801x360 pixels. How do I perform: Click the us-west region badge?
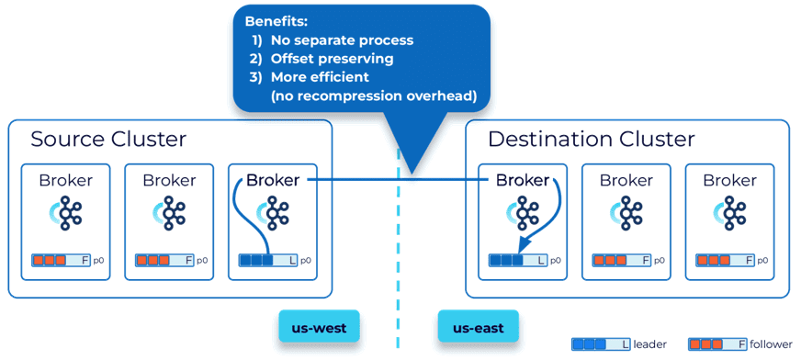pyautogui.click(x=320, y=326)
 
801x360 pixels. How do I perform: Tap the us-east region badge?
pyautogui.click(x=479, y=326)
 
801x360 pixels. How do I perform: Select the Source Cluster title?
pyautogui.click(x=108, y=140)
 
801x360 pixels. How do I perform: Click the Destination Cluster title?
pyautogui.click(x=592, y=140)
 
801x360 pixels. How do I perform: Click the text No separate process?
pyautogui.click(x=343, y=39)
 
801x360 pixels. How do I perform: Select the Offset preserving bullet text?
pyautogui.click(x=332, y=59)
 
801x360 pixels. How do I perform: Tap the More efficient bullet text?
pyautogui.click(x=320, y=77)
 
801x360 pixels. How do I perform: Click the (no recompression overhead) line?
pyautogui.click(x=374, y=96)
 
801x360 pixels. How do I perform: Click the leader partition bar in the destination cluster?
pyautogui.click(x=518, y=261)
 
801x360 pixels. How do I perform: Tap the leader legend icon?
pyautogui.click(x=602, y=344)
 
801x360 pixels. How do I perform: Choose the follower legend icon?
pyautogui.click(x=717, y=344)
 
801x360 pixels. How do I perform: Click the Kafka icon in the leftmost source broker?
pyautogui.click(x=67, y=213)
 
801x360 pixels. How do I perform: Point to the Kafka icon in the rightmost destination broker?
pyautogui.click(x=731, y=213)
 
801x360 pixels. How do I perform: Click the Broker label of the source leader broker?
pyautogui.click(x=273, y=180)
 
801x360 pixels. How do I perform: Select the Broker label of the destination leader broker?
pyautogui.click(x=523, y=180)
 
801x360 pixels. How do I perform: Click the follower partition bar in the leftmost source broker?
pyautogui.click(x=62, y=261)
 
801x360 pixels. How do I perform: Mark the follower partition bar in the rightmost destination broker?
pyautogui.click(x=726, y=261)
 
